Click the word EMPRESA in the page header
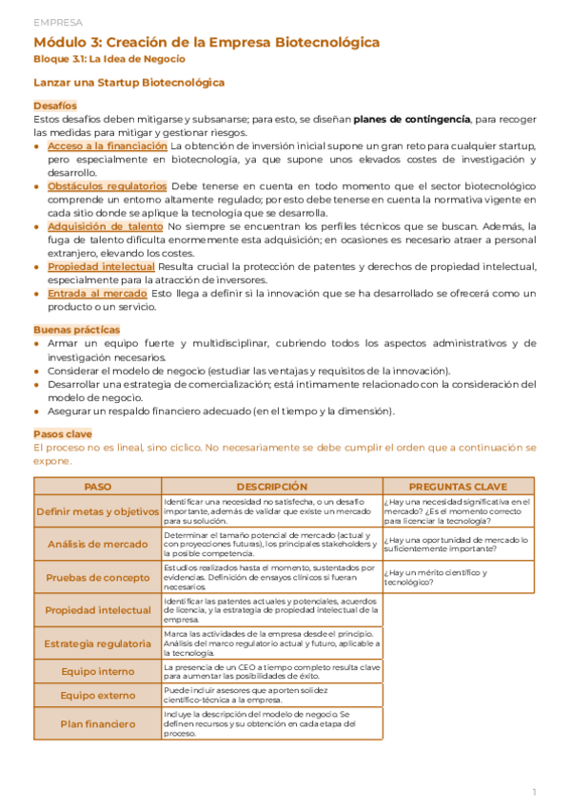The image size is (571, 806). coord(57,22)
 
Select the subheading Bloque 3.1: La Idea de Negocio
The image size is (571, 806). coord(108,59)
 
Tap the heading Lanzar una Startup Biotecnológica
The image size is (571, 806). coord(128,83)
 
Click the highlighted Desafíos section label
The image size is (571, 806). coord(54,106)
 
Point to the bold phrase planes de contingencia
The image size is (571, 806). coord(411,119)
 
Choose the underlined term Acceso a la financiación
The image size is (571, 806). coord(107,146)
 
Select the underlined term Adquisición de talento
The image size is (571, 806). coord(105,226)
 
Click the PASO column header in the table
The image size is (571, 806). coord(97,486)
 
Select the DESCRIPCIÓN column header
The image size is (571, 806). coord(271,486)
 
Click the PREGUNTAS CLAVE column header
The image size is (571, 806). coord(459,486)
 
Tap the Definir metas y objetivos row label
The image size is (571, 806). coord(97,511)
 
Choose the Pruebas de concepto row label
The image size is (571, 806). coord(97,577)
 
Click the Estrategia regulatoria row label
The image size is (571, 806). coord(97,643)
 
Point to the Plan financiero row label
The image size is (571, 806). coord(97,723)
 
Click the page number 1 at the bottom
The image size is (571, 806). coord(534,791)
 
